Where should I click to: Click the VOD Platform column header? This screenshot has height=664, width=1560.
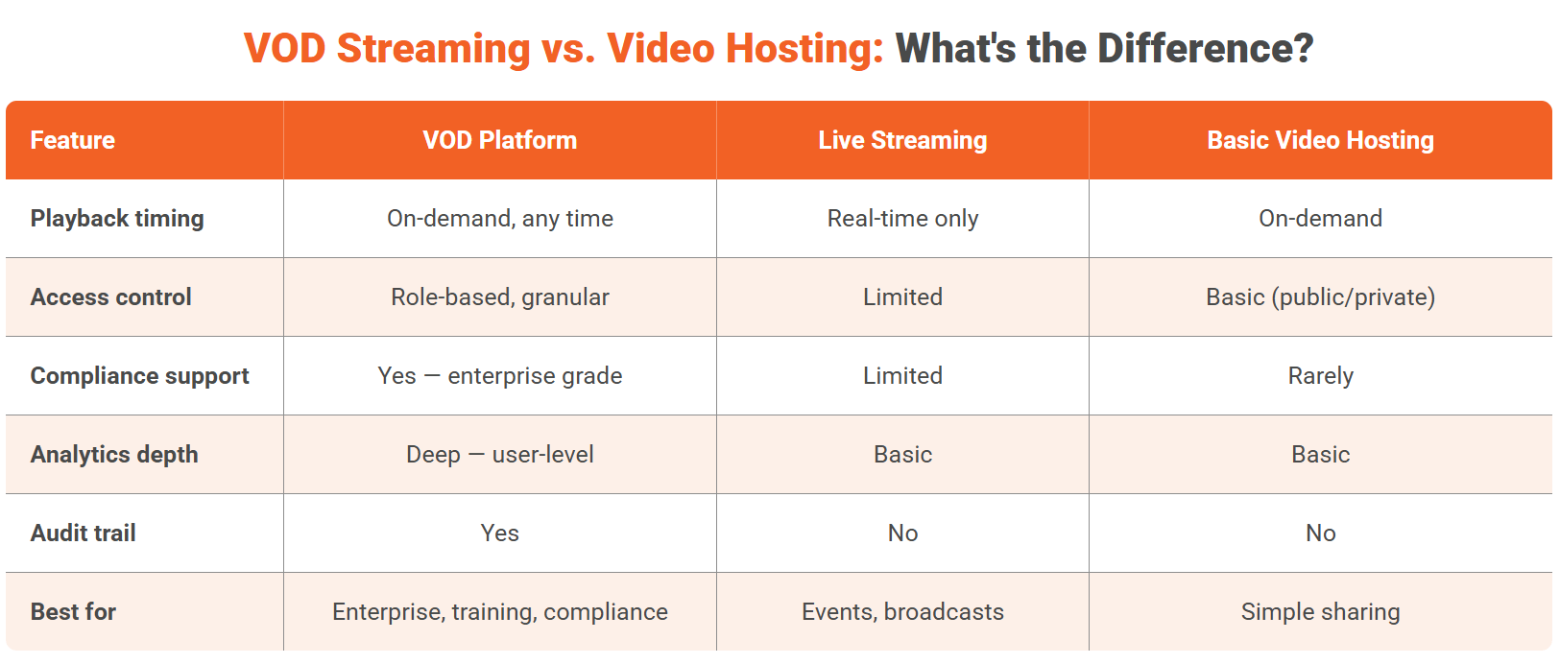499,140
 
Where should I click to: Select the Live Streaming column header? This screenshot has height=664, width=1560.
902,140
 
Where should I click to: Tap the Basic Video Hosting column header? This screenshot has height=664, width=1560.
1320,140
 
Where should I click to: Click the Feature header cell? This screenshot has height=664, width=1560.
73,140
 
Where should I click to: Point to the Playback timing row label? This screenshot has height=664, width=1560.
117,219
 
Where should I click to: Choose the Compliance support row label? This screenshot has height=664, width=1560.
140,376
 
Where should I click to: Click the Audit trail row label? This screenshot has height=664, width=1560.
84,534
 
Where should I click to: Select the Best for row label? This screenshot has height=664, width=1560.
74,612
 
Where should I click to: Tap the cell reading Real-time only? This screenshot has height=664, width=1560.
902,219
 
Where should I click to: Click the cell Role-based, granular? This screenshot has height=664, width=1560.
499,297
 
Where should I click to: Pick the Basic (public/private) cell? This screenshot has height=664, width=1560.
1320,297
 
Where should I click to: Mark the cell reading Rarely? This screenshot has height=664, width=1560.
1320,376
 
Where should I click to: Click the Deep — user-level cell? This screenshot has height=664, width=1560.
499,455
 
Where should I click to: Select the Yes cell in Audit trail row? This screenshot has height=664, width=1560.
499,534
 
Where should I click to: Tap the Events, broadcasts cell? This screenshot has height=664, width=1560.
902,612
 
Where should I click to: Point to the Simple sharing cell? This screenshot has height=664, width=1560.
1320,612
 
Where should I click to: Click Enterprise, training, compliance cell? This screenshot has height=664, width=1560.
499,612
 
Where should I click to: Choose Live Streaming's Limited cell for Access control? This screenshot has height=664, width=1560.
902,297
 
